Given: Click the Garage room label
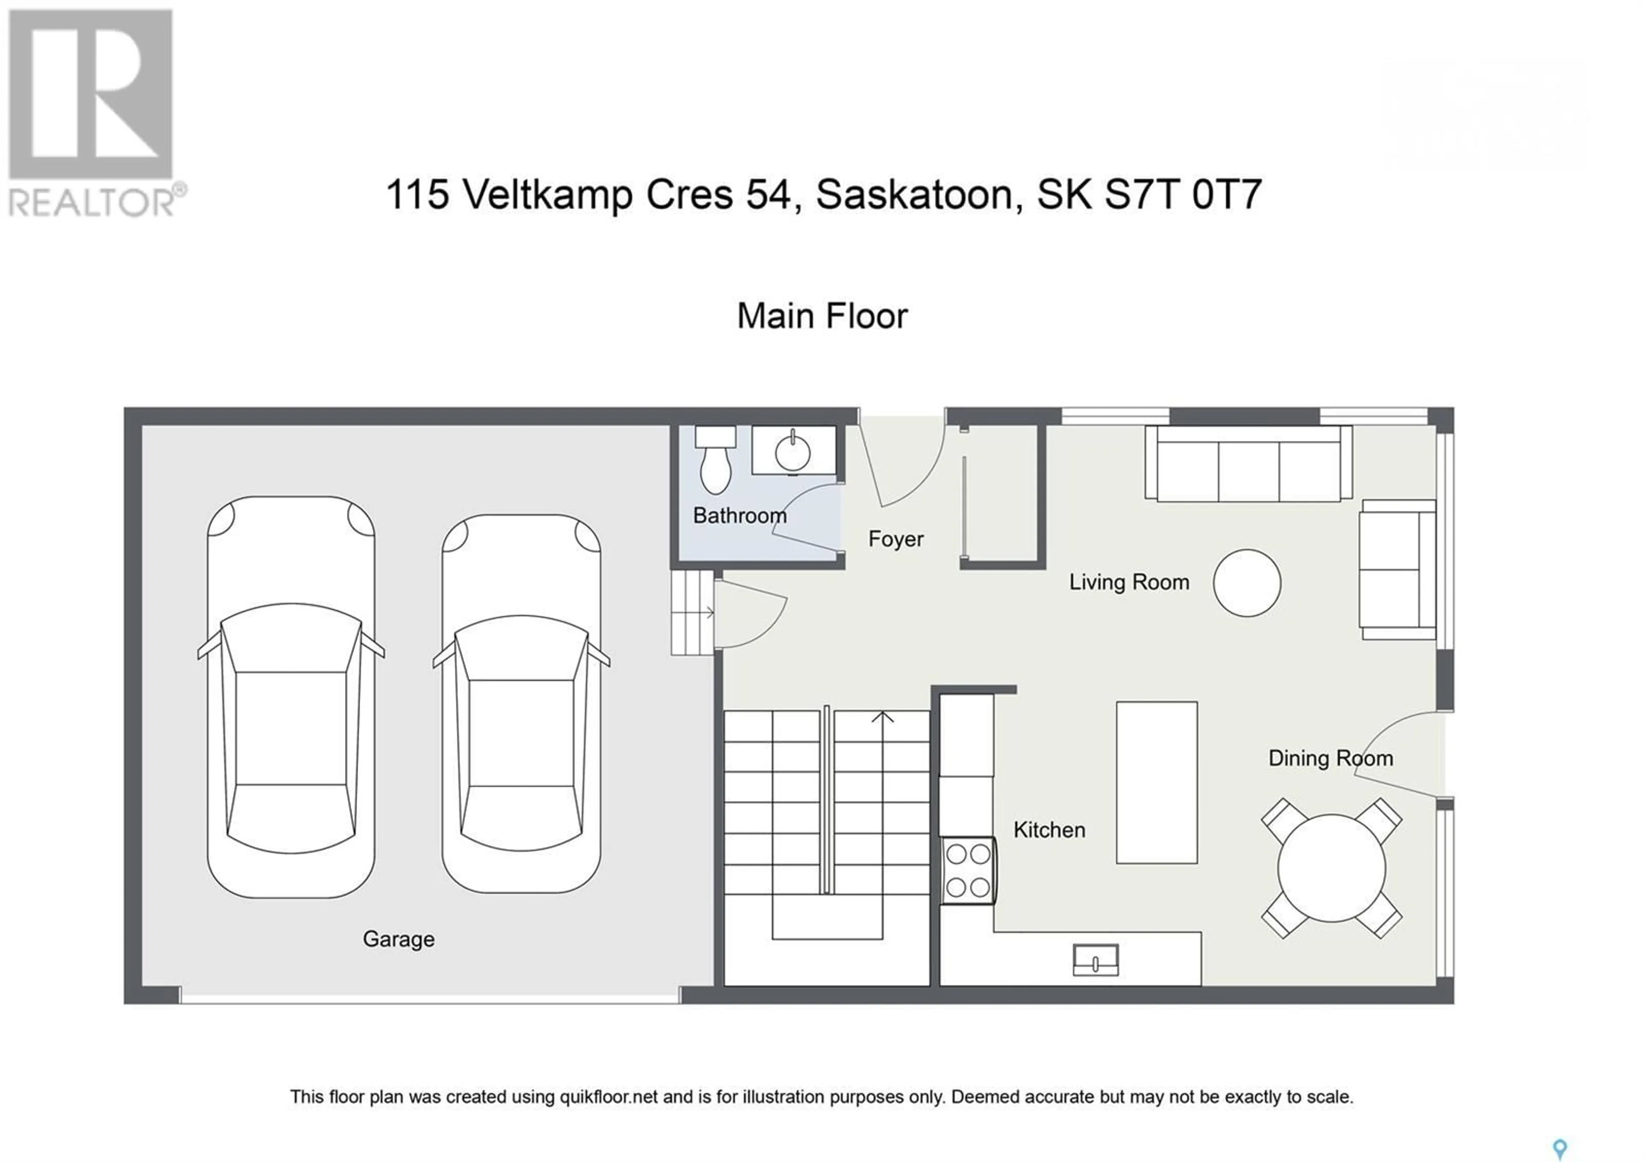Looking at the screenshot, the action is tap(399, 939).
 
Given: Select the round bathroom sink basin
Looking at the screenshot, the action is tap(792, 452).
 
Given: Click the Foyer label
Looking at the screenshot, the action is tap(896, 539).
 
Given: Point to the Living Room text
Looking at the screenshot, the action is tap(1129, 582).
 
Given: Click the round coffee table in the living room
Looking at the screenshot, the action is tap(1247, 582).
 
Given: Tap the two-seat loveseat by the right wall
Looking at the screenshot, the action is tap(1398, 569).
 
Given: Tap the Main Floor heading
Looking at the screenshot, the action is tap(823, 316).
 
